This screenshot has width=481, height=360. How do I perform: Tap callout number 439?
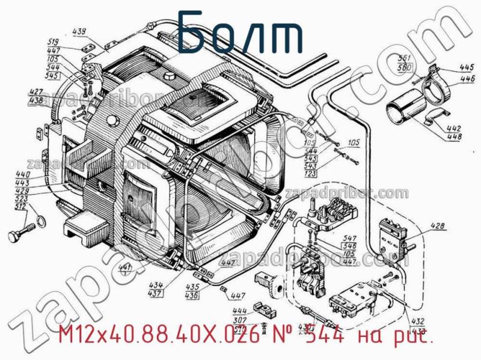pyautogui.click(x=79, y=32)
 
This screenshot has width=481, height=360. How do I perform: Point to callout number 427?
pyautogui.click(x=35, y=93)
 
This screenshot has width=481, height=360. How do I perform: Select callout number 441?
pyautogui.click(x=125, y=268)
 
